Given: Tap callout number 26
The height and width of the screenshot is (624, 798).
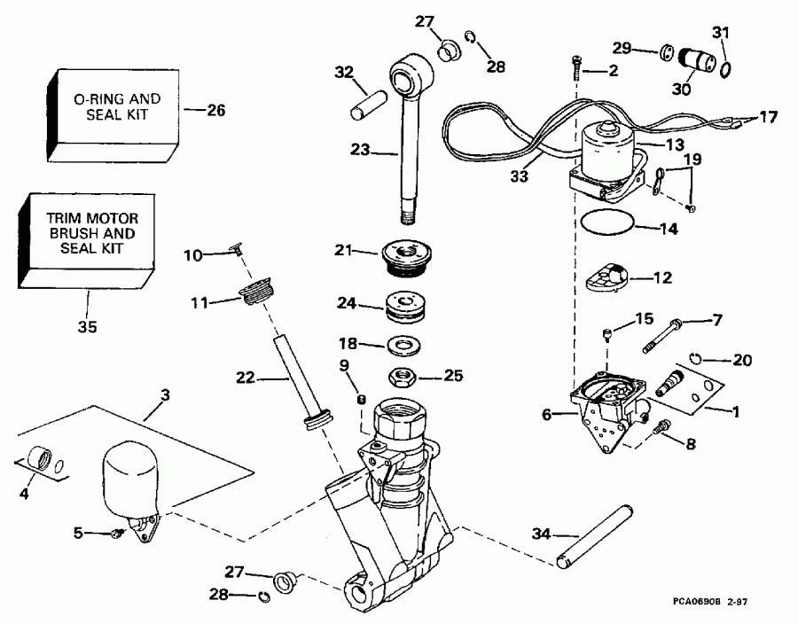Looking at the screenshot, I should [x=215, y=111].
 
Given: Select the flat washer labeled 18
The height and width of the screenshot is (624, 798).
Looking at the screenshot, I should [x=404, y=345].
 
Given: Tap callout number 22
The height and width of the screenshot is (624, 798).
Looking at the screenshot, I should [x=244, y=378].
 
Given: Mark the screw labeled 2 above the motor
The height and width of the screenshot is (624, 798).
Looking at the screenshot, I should [x=576, y=65].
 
